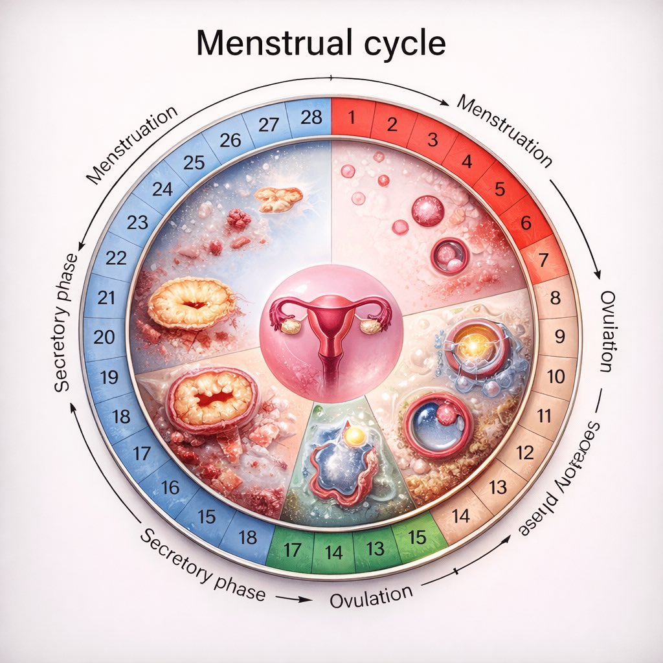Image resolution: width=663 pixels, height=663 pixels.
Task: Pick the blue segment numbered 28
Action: pos(311,118)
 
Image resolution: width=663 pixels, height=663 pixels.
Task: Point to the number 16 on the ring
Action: pos(170,487)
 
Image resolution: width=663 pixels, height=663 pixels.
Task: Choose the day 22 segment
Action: pos(116,258)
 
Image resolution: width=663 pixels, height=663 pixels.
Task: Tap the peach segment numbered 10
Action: pos(556,376)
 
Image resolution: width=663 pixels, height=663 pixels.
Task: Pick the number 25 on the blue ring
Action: pos(194,163)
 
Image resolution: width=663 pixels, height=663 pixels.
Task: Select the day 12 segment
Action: pos(525,451)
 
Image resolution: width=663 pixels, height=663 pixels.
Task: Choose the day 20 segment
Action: pos(104,337)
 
